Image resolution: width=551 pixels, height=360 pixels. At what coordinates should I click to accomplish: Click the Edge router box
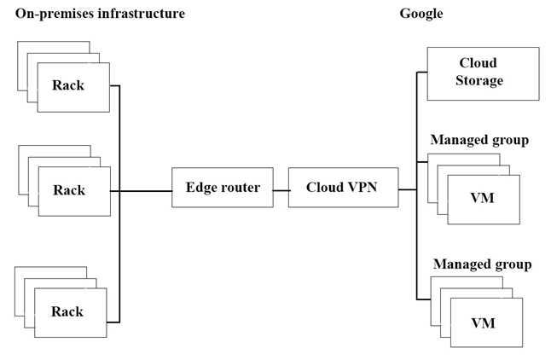pyautogui.click(x=223, y=188)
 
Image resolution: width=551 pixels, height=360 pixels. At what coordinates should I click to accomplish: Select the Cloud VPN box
pyautogui.click(x=344, y=188)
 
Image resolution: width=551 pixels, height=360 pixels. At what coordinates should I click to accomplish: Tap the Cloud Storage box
pyautogui.click(x=483, y=74)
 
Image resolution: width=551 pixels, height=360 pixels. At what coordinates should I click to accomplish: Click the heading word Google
pyautogui.click(x=421, y=14)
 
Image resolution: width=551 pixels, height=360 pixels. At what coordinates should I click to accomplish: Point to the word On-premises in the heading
pyautogui.click(x=55, y=14)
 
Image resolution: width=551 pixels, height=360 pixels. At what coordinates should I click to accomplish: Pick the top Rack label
pyautogui.click(x=68, y=85)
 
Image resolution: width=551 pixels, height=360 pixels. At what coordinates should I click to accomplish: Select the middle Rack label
pyautogui.click(x=69, y=190)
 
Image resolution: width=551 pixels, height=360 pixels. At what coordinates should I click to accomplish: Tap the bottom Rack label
pyautogui.click(x=67, y=311)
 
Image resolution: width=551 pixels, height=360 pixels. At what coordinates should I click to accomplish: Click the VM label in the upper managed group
pyautogui.click(x=482, y=198)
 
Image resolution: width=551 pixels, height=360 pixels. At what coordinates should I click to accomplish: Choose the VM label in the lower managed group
pyautogui.click(x=483, y=323)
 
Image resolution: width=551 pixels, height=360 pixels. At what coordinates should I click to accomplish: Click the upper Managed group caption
pyautogui.click(x=479, y=140)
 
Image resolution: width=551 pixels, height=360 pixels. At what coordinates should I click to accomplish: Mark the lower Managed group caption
pyautogui.click(x=482, y=264)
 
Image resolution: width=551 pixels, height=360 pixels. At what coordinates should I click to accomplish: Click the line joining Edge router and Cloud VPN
pyautogui.click(x=281, y=190)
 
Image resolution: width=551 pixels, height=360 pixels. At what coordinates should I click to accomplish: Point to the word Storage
pyautogui.click(x=479, y=80)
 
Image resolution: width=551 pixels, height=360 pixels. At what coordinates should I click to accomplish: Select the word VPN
pyautogui.click(x=362, y=187)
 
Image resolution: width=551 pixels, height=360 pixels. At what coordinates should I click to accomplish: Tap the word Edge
pyautogui.click(x=200, y=188)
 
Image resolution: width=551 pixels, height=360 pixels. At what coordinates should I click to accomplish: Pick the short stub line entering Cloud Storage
pyautogui.click(x=421, y=72)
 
